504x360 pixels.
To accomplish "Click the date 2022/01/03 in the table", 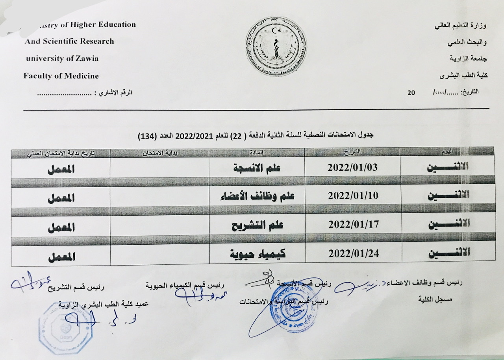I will click(x=352, y=167).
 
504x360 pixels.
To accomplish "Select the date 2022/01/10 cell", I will click(x=352, y=196).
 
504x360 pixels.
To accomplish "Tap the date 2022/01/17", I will click(x=352, y=225).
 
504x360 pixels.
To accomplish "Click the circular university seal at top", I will click(x=276, y=46).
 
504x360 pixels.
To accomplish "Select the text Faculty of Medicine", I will click(x=61, y=76).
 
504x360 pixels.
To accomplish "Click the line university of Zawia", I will click(x=62, y=59).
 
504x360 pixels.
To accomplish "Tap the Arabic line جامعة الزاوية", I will click(x=469, y=59).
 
